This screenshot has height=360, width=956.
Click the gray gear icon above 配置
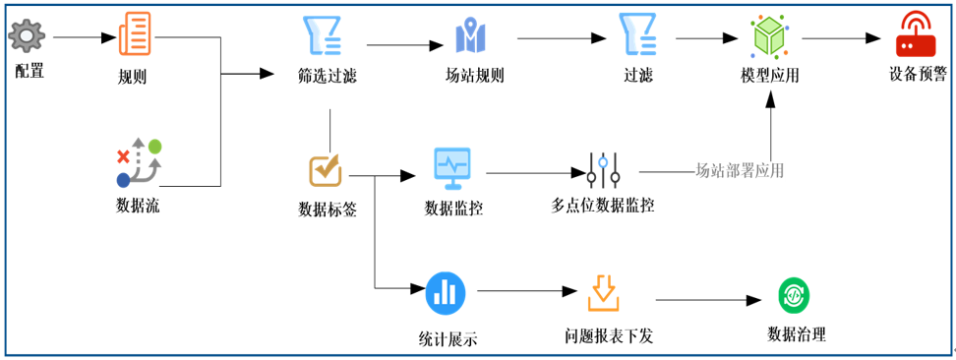[28, 37]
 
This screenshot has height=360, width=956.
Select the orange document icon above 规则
[135, 34]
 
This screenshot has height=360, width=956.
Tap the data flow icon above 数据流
[138, 163]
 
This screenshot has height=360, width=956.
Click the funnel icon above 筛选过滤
[322, 35]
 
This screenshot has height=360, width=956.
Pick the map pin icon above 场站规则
[471, 37]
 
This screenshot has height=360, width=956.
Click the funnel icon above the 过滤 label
[637, 35]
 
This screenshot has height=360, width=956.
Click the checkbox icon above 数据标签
[326, 169]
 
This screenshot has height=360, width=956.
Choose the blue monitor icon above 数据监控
[452, 168]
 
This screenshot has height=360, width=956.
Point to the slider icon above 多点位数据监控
[603, 170]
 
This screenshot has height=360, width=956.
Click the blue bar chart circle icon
[446, 292]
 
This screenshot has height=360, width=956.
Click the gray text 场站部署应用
[740, 170]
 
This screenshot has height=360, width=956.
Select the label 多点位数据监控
[603, 206]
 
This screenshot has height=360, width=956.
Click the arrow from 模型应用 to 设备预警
[841, 38]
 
